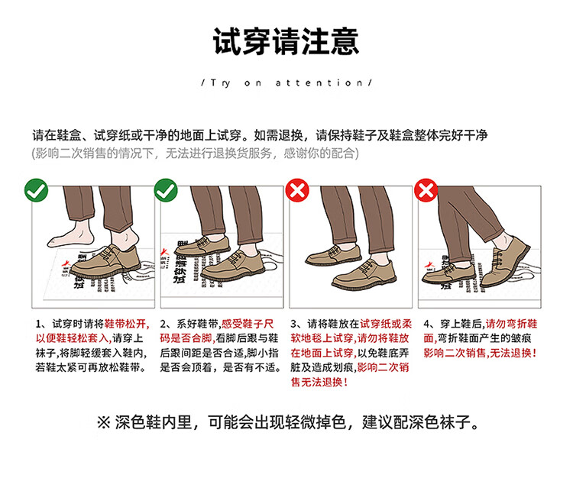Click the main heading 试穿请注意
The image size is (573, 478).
click(286, 41)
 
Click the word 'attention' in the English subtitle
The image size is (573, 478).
click(319, 83)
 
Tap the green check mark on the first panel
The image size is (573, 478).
click(36, 190)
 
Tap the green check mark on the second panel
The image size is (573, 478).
click(166, 190)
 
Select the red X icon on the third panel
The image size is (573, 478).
click(297, 190)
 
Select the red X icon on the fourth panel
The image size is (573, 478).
click(426, 190)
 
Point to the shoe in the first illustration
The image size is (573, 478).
click(105, 261)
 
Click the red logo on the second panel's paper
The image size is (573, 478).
click(165, 253)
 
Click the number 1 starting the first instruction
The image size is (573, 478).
click(38, 325)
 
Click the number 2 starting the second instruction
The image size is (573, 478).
click(163, 325)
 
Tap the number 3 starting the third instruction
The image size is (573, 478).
click(293, 325)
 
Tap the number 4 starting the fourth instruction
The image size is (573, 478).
click(426, 325)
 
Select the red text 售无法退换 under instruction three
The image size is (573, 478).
click(317, 383)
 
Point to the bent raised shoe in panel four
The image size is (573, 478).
click(505, 261)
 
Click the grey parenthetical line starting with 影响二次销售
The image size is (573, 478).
click(196, 153)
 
